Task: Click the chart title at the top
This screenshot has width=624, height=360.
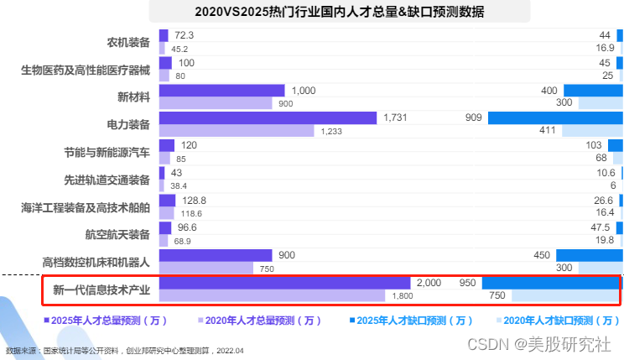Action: (x=339, y=12)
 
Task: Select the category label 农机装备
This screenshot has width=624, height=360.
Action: (x=128, y=42)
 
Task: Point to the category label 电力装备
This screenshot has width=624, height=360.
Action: (x=128, y=124)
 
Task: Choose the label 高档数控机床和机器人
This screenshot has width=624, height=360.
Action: (x=96, y=262)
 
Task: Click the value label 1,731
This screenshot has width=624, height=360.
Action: (x=395, y=118)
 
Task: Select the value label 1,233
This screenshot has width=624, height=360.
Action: (x=330, y=132)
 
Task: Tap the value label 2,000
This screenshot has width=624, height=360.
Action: (x=429, y=284)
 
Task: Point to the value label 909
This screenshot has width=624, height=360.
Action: (x=473, y=118)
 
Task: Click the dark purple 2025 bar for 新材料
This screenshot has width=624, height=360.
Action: (x=221, y=91)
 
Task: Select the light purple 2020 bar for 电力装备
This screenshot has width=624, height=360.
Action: (x=235, y=132)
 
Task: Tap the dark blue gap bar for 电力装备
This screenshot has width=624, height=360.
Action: (x=554, y=118)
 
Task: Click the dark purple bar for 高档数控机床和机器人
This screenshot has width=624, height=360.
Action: (x=215, y=255)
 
